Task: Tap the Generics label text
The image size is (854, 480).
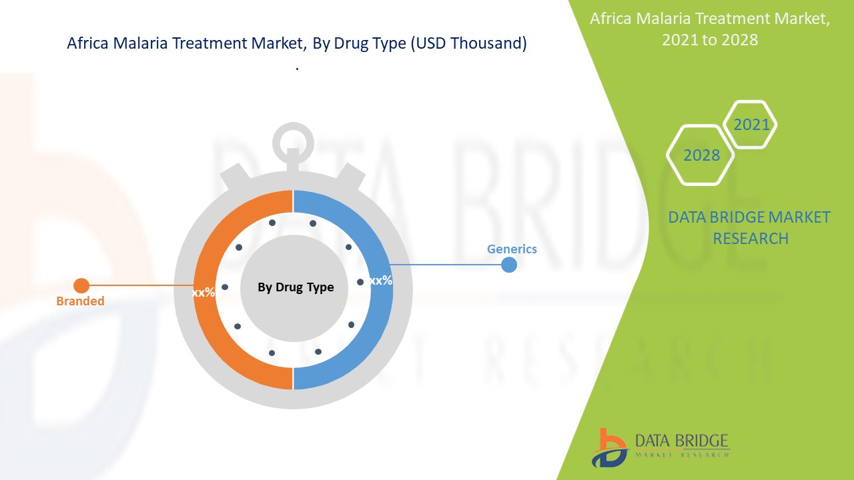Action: (x=512, y=249)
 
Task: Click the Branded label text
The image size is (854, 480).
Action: (x=80, y=301)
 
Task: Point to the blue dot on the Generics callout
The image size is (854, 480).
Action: (x=508, y=265)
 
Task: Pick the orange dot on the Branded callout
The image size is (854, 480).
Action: (x=81, y=285)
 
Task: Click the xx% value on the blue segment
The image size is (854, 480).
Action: (x=381, y=281)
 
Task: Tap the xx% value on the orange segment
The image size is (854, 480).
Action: (x=203, y=293)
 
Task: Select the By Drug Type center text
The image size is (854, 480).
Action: (x=296, y=287)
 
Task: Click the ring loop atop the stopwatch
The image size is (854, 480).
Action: (x=293, y=125)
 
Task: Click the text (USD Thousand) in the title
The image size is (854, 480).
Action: (x=468, y=43)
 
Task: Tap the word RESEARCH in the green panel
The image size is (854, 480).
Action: (x=751, y=239)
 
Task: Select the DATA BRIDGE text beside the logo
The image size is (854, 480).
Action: (x=681, y=441)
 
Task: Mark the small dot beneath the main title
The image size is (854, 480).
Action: (x=297, y=69)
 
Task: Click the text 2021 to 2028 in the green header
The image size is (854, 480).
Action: (x=710, y=40)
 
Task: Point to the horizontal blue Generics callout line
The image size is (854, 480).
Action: (x=446, y=265)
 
